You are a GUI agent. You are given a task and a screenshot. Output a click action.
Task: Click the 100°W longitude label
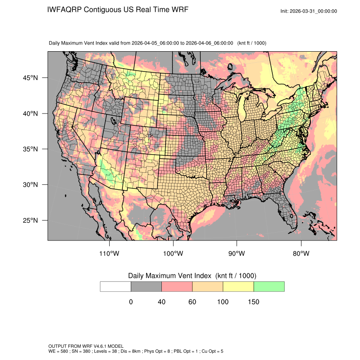click(x=173, y=254)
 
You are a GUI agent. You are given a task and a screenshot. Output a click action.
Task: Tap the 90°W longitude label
click(x=237, y=254)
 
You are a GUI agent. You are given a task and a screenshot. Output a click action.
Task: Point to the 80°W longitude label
click(x=301, y=254)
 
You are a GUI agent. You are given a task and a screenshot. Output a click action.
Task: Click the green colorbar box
click(x=269, y=286)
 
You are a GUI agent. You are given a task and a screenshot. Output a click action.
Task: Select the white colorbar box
click(x=116, y=286)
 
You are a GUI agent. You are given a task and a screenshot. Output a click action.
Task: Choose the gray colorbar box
click(x=146, y=286)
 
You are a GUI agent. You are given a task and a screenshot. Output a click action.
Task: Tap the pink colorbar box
click(x=177, y=286)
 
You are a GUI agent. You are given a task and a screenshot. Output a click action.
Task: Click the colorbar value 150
click(x=253, y=302)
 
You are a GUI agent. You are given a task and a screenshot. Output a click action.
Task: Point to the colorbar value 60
click(x=192, y=302)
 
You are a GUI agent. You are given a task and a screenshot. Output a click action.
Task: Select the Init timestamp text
click(x=309, y=11)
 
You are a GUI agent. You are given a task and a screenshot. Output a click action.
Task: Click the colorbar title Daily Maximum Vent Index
click(x=169, y=276)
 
